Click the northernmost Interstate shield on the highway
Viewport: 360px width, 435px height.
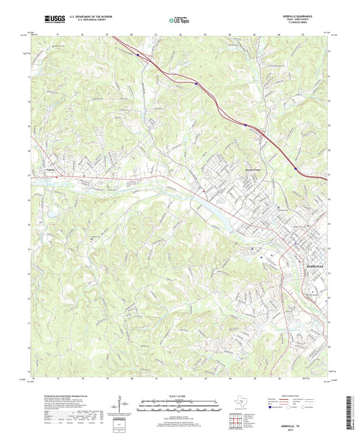(137, 55)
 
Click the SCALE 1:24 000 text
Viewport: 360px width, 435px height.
(179, 396)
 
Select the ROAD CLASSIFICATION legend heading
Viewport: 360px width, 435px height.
(291, 396)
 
